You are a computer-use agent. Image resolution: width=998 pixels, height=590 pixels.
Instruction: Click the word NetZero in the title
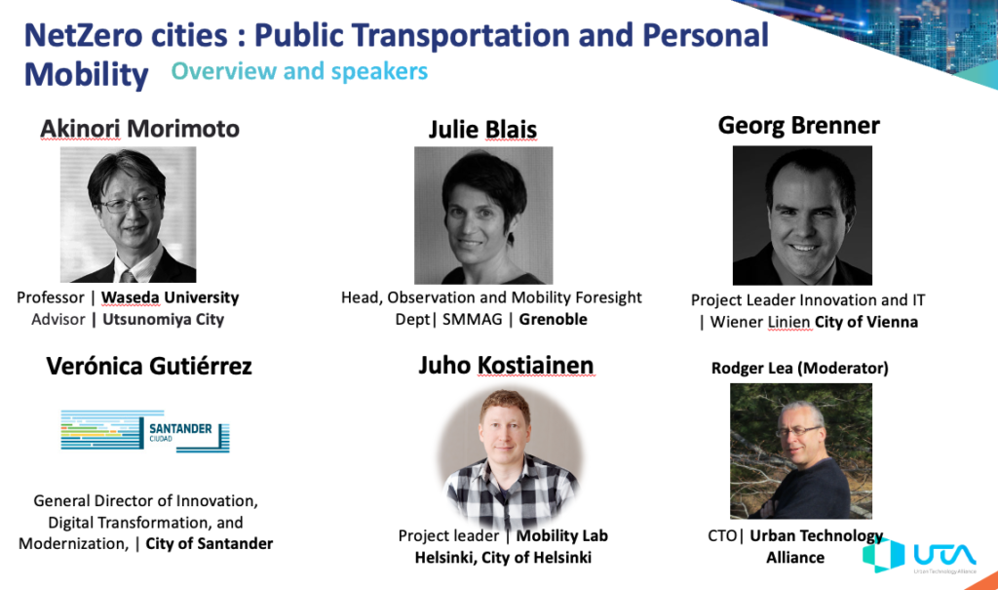126,36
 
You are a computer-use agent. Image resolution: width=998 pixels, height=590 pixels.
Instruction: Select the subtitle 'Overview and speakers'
299,71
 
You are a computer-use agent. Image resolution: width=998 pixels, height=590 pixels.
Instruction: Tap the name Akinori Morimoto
140,129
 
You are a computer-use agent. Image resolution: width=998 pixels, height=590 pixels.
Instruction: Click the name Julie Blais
483,130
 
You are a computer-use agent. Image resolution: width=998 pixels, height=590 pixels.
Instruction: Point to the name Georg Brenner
799,126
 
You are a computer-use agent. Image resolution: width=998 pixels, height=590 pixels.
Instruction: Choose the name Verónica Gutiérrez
149,366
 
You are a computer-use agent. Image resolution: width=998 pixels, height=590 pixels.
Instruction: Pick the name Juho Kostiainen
506,365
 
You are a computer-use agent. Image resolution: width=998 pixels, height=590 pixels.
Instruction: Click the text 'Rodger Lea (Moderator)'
800,369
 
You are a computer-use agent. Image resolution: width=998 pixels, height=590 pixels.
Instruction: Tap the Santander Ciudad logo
145,431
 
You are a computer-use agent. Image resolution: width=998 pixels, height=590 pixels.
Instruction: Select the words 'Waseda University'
170,297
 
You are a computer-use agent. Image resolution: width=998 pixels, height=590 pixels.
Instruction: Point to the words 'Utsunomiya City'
164,319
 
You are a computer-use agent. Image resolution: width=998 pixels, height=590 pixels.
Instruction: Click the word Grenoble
554,319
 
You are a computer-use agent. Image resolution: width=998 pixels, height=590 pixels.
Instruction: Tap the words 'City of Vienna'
866,322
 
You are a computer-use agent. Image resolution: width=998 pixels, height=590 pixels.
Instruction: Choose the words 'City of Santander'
210,543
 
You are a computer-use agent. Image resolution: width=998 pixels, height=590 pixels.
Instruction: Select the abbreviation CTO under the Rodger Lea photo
722,535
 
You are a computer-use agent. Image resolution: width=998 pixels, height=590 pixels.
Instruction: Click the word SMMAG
473,319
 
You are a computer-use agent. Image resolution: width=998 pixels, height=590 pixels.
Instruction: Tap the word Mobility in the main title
87,75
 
